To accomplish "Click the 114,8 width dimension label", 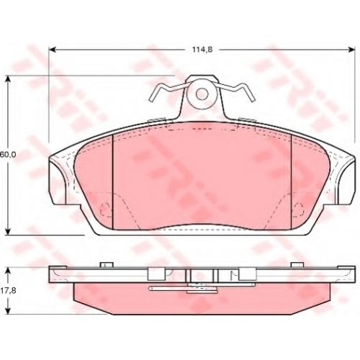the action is pyautogui.click(x=202, y=50).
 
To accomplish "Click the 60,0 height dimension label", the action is pyautogui.click(x=8, y=155).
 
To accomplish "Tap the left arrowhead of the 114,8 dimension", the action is pyautogui.click(x=53, y=50).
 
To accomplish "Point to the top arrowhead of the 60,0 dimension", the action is pyautogui.click(x=9, y=80).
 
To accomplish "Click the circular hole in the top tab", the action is pyautogui.click(x=202, y=94).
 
